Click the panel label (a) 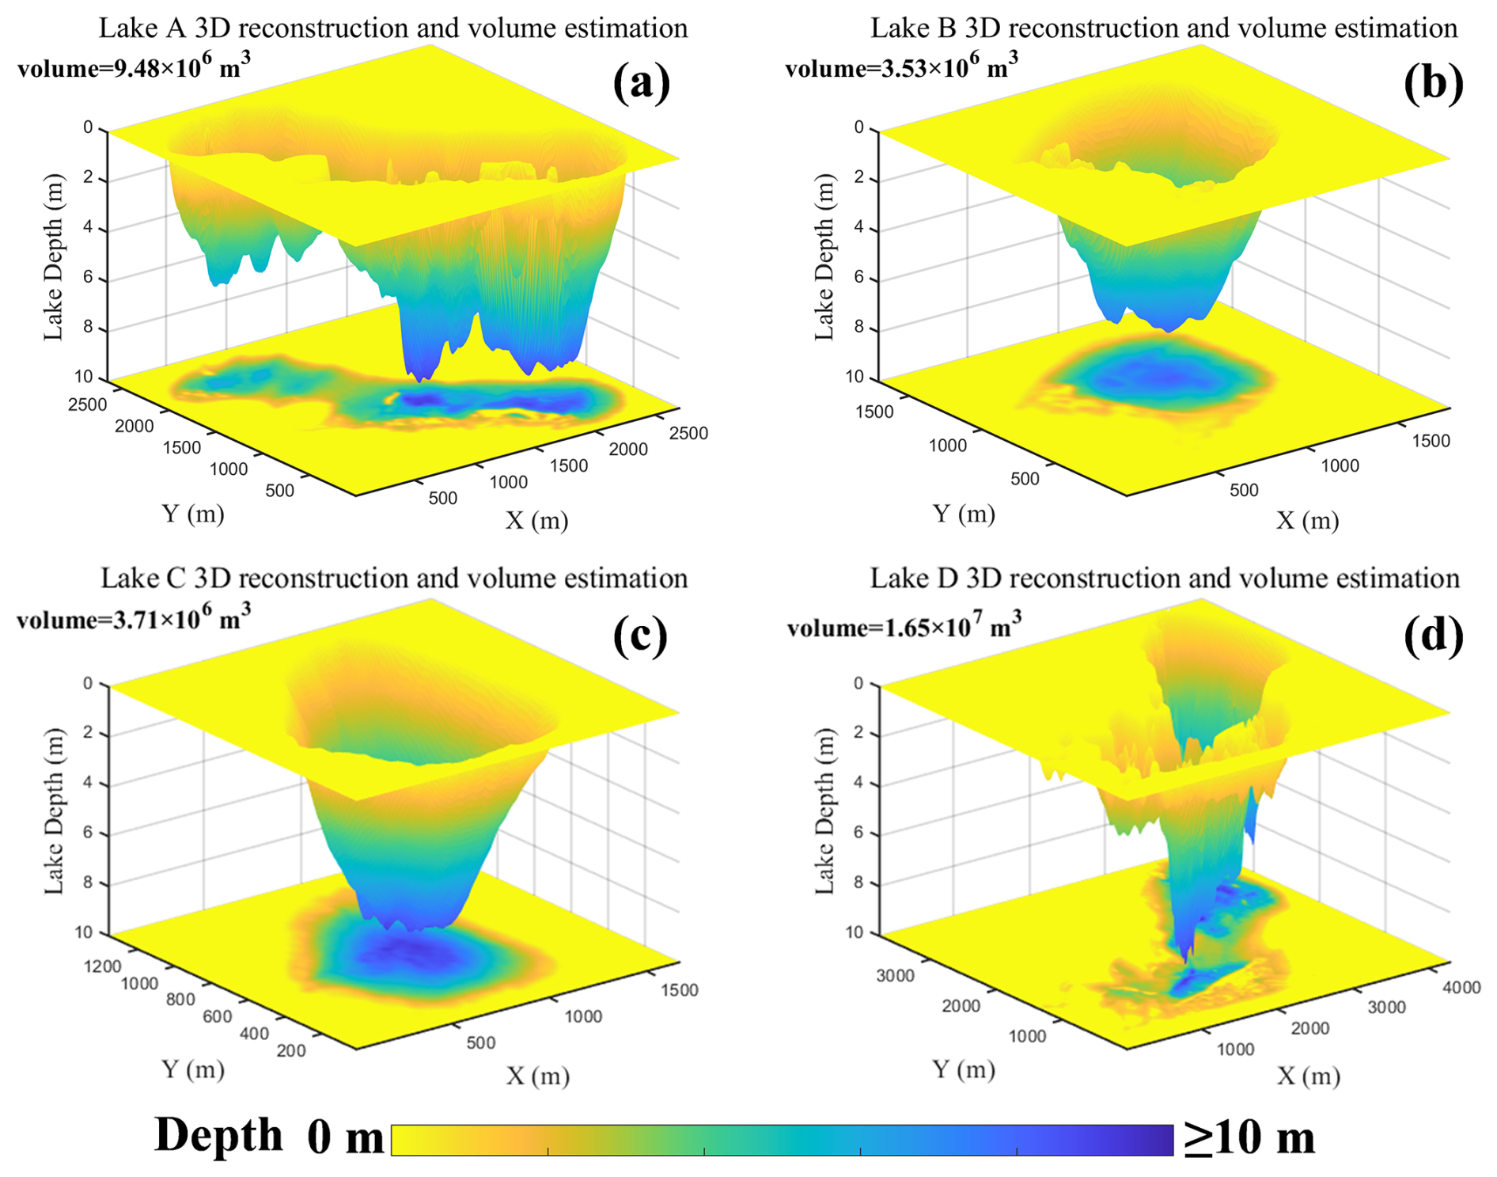641,82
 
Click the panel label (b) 1433,82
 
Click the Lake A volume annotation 134,66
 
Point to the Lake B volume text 901,66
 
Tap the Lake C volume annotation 134,618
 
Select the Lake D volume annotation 904,626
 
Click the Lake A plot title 393,28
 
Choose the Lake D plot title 1165,579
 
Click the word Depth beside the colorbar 218,1136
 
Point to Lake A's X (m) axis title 537,520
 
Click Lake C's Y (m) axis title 193,1069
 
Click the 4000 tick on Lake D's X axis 1461,987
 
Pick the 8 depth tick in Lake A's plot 88,328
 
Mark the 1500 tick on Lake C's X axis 679,989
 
